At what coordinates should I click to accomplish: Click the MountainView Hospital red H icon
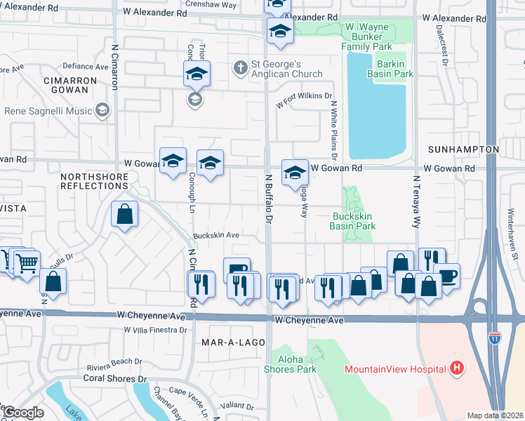pyautogui.click(x=457, y=368)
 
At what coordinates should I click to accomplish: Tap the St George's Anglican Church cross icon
pyautogui.click(x=241, y=67)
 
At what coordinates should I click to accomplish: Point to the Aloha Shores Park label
pyautogui.click(x=290, y=364)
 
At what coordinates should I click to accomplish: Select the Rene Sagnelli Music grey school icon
pyautogui.click(x=102, y=110)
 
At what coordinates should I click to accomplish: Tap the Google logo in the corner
pyautogui.click(x=23, y=413)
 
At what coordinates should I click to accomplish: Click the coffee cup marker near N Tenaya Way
pyautogui.click(x=446, y=275)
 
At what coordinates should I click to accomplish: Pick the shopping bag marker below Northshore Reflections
pyautogui.click(x=124, y=215)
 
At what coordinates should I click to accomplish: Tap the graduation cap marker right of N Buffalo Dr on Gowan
pyautogui.click(x=295, y=173)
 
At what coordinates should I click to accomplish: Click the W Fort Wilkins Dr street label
pyautogui.click(x=304, y=100)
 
